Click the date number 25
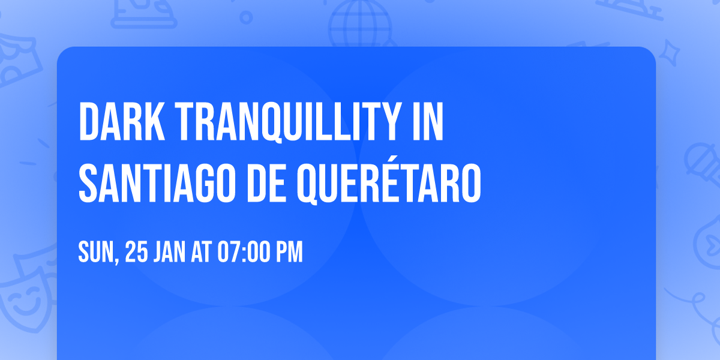click(x=137, y=253)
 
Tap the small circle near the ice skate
click(x=245, y=16)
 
